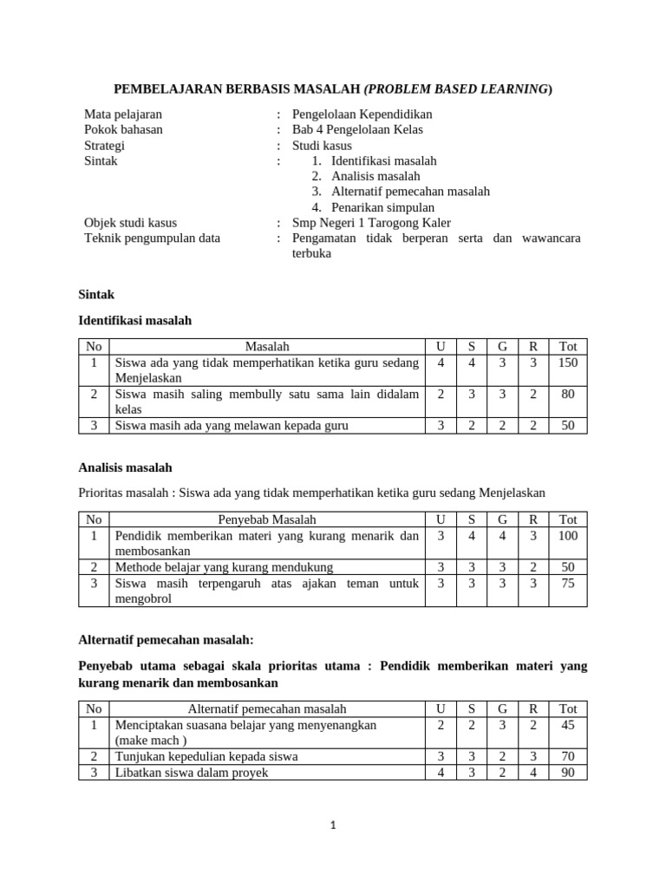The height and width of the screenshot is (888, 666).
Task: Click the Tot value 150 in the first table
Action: pos(568,362)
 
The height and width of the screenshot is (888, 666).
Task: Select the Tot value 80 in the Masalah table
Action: pos(568,394)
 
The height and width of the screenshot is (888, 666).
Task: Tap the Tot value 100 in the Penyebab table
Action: pos(568,536)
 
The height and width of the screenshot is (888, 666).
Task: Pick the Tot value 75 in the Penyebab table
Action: pos(568,583)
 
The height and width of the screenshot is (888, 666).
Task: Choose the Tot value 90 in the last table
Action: pos(568,772)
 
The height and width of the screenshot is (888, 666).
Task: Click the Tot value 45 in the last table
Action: pos(568,725)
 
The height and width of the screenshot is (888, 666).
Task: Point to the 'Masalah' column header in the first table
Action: pos(267,347)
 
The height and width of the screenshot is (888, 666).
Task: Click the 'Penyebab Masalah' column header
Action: pos(267,520)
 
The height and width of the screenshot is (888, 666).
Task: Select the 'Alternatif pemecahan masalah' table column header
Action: pos(267,709)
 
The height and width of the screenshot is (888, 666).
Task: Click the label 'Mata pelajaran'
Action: pos(122,114)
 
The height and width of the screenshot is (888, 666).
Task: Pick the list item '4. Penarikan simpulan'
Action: pos(373,207)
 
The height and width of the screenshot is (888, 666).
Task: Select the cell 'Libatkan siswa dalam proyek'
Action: pos(192,772)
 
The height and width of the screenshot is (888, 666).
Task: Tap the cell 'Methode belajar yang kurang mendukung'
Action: pos(224,567)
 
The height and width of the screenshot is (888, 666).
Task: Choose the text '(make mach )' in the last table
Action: pos(148,741)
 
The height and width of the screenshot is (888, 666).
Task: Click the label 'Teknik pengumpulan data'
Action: pos(152,238)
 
